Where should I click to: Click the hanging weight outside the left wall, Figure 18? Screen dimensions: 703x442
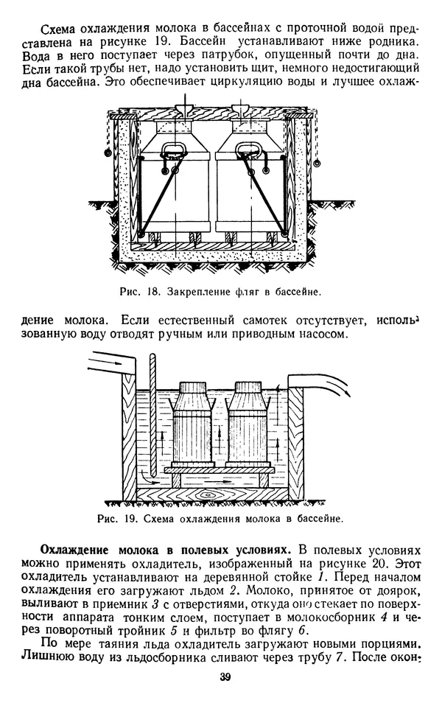[x=108, y=153]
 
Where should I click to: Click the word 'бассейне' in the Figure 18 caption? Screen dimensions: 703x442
[x=295, y=292]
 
